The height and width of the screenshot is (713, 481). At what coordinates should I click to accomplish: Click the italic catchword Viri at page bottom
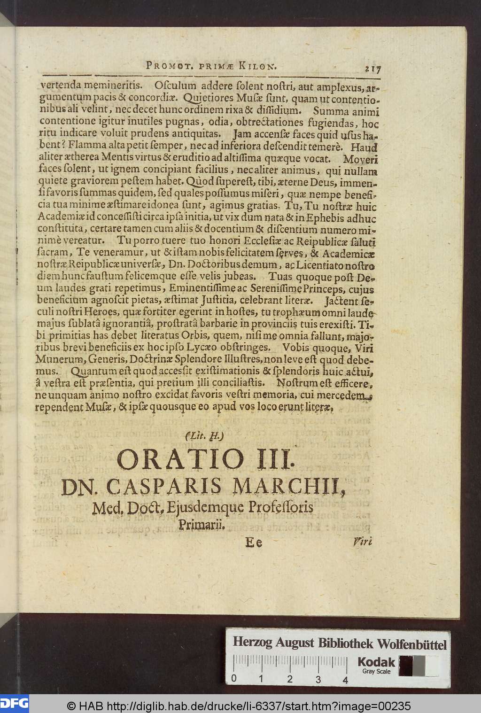pos(362,542)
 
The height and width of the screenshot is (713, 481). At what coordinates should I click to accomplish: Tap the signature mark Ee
pos(254,542)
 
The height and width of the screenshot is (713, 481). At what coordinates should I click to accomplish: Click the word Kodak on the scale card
pos(376,662)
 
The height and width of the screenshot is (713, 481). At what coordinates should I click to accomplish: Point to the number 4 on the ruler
pos(345,679)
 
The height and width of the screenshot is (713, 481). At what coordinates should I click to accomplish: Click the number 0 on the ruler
pos(233,679)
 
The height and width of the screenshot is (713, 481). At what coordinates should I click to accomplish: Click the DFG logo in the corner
pos(14,703)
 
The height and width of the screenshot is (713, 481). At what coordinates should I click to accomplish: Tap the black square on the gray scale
pos(405,665)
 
